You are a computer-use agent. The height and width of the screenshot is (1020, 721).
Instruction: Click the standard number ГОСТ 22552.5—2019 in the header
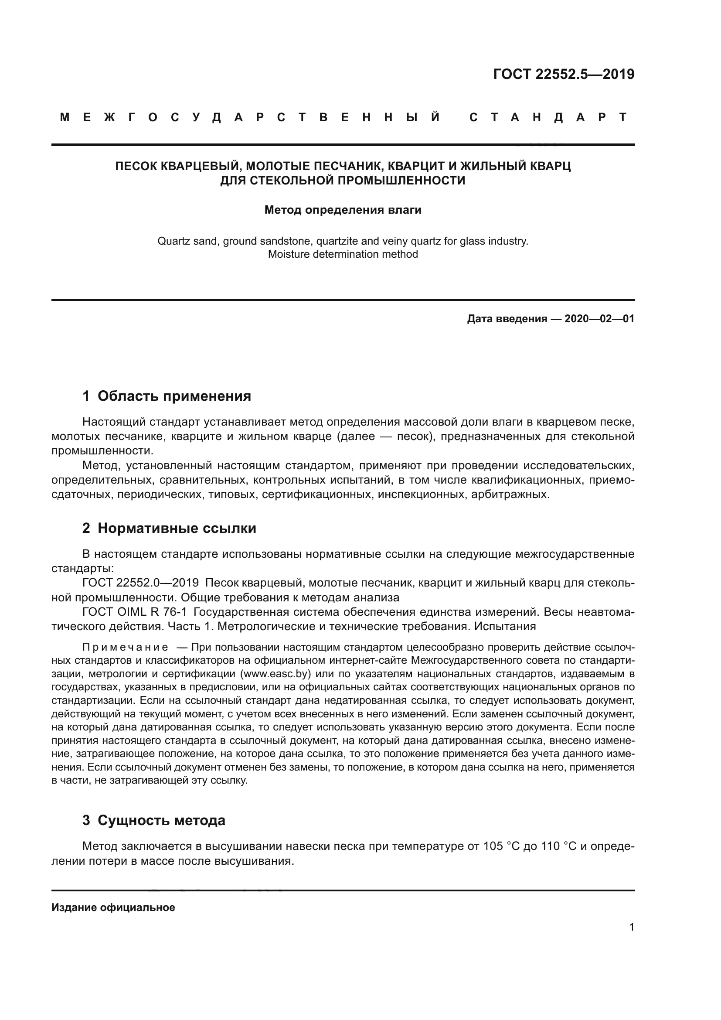[563, 74]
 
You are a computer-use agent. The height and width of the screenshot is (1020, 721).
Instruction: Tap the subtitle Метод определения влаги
[343, 210]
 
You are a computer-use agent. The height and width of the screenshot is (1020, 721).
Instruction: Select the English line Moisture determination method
[343, 254]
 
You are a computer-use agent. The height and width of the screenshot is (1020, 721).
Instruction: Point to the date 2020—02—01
[599, 318]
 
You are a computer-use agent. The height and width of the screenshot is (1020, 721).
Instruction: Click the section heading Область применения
[174, 396]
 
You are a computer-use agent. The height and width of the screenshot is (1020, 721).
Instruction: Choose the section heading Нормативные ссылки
[177, 528]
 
